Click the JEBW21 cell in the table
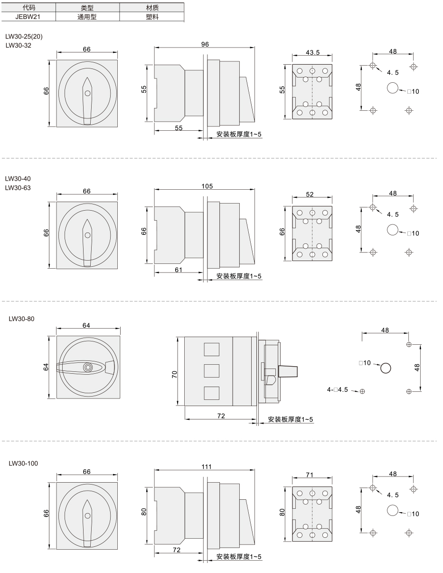click(x=28, y=17)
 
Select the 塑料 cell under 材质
click(x=152, y=17)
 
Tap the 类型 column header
click(x=87, y=8)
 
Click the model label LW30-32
click(x=19, y=45)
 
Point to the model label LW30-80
click(x=21, y=319)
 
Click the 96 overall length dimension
click(x=205, y=44)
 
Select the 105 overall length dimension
click(x=207, y=186)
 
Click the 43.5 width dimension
click(x=312, y=52)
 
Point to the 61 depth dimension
click(x=179, y=270)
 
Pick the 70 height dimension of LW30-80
click(x=175, y=374)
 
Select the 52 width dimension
click(x=310, y=194)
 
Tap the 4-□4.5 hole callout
click(x=337, y=389)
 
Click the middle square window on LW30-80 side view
click(x=211, y=371)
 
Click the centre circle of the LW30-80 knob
click(x=88, y=367)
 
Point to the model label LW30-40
click(x=18, y=178)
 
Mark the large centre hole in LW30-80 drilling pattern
click(x=386, y=368)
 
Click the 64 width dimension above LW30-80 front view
click(x=86, y=325)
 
